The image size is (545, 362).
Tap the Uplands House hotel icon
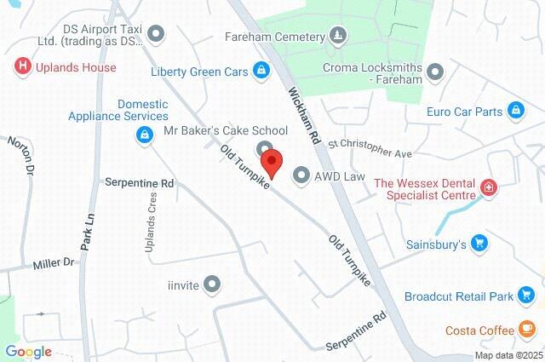21,66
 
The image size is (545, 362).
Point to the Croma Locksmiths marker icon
436,72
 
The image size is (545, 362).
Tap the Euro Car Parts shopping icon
515,111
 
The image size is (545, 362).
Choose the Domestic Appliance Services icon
143,134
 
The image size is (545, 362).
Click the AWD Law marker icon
301,176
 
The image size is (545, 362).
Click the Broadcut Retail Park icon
527,296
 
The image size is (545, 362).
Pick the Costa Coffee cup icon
527,330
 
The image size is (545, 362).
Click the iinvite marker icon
213,284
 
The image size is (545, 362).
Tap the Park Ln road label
87,231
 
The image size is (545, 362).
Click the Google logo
28,352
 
